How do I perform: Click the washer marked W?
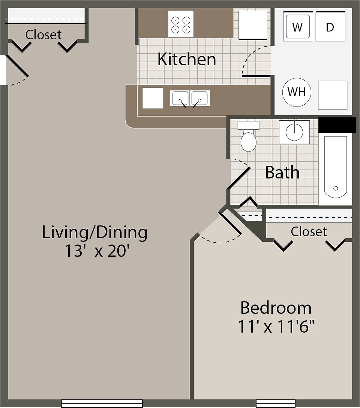point(298,27)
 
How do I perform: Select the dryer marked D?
point(330,27)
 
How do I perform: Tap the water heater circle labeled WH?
point(297,92)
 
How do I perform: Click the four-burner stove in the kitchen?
point(181,24)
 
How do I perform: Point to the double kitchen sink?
point(190,98)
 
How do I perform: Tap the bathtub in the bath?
point(335,167)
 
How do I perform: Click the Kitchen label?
point(186,60)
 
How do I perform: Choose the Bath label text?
point(282,172)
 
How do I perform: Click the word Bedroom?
point(276,308)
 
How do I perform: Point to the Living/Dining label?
point(94,232)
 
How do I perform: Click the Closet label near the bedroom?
point(309,231)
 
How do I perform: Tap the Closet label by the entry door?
point(43,35)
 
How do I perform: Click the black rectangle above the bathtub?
point(337,125)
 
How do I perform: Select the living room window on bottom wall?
point(102,403)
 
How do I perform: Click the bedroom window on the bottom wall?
point(276,403)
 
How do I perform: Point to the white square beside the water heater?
point(333,95)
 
